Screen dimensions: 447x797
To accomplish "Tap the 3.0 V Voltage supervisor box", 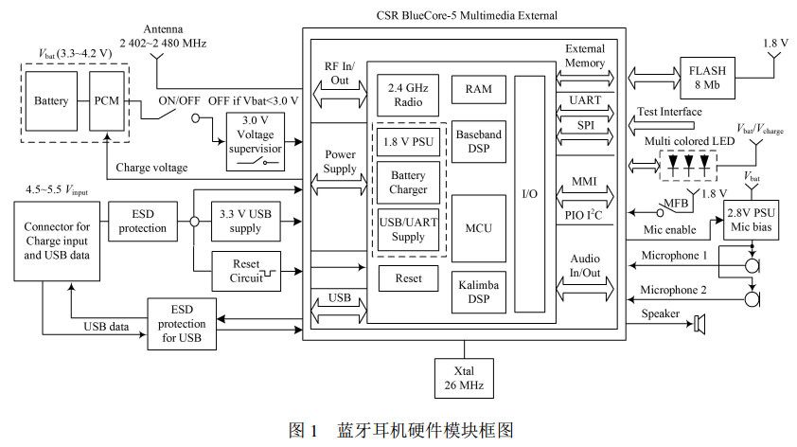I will tap(253, 141).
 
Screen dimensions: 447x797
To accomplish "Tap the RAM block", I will tap(478, 89).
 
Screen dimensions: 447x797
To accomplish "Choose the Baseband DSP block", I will tap(478, 144).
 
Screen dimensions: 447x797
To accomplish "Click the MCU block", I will tap(478, 228).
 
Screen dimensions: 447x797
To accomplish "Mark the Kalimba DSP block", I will tap(478, 291).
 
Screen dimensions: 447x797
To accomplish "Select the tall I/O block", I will tap(530, 193).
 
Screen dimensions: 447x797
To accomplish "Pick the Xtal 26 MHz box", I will tap(463, 377).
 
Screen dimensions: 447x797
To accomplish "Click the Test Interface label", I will tap(669, 112).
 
